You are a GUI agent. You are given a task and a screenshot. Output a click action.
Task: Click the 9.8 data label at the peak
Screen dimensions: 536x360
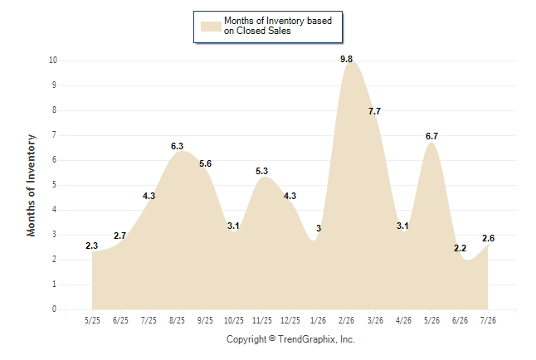346,59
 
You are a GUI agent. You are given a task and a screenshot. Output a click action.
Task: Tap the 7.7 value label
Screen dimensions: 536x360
374,111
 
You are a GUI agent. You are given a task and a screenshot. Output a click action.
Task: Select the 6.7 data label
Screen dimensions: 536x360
431,136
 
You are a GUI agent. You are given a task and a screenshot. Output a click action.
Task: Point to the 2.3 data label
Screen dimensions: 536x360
91,246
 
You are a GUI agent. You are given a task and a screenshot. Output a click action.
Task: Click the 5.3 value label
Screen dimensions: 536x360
261,171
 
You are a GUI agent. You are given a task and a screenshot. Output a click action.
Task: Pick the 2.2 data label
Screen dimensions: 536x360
460,248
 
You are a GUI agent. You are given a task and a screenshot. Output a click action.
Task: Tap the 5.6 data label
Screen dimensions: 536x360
205,163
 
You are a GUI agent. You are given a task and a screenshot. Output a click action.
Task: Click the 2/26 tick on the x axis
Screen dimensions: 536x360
347,320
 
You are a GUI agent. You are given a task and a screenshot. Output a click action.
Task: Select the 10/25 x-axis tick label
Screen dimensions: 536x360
234,320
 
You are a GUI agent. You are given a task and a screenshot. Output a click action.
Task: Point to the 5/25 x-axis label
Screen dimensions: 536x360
92,320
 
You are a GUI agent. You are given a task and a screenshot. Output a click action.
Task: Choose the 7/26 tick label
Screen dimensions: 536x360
488,320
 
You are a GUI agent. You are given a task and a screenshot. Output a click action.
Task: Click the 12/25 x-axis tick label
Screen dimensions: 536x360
290,320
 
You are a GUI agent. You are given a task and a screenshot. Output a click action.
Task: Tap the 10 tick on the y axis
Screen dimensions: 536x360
53,61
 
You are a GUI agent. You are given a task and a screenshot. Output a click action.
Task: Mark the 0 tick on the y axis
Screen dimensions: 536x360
54,309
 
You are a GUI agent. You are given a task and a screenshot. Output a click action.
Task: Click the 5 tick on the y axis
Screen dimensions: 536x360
54,185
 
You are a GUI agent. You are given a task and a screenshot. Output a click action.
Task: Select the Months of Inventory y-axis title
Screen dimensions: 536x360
31,185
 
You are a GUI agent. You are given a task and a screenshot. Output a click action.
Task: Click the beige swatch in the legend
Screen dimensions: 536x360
211,27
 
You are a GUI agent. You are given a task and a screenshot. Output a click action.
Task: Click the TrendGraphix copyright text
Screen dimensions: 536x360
290,339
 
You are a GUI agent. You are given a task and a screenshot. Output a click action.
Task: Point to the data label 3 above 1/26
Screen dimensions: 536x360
319,228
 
